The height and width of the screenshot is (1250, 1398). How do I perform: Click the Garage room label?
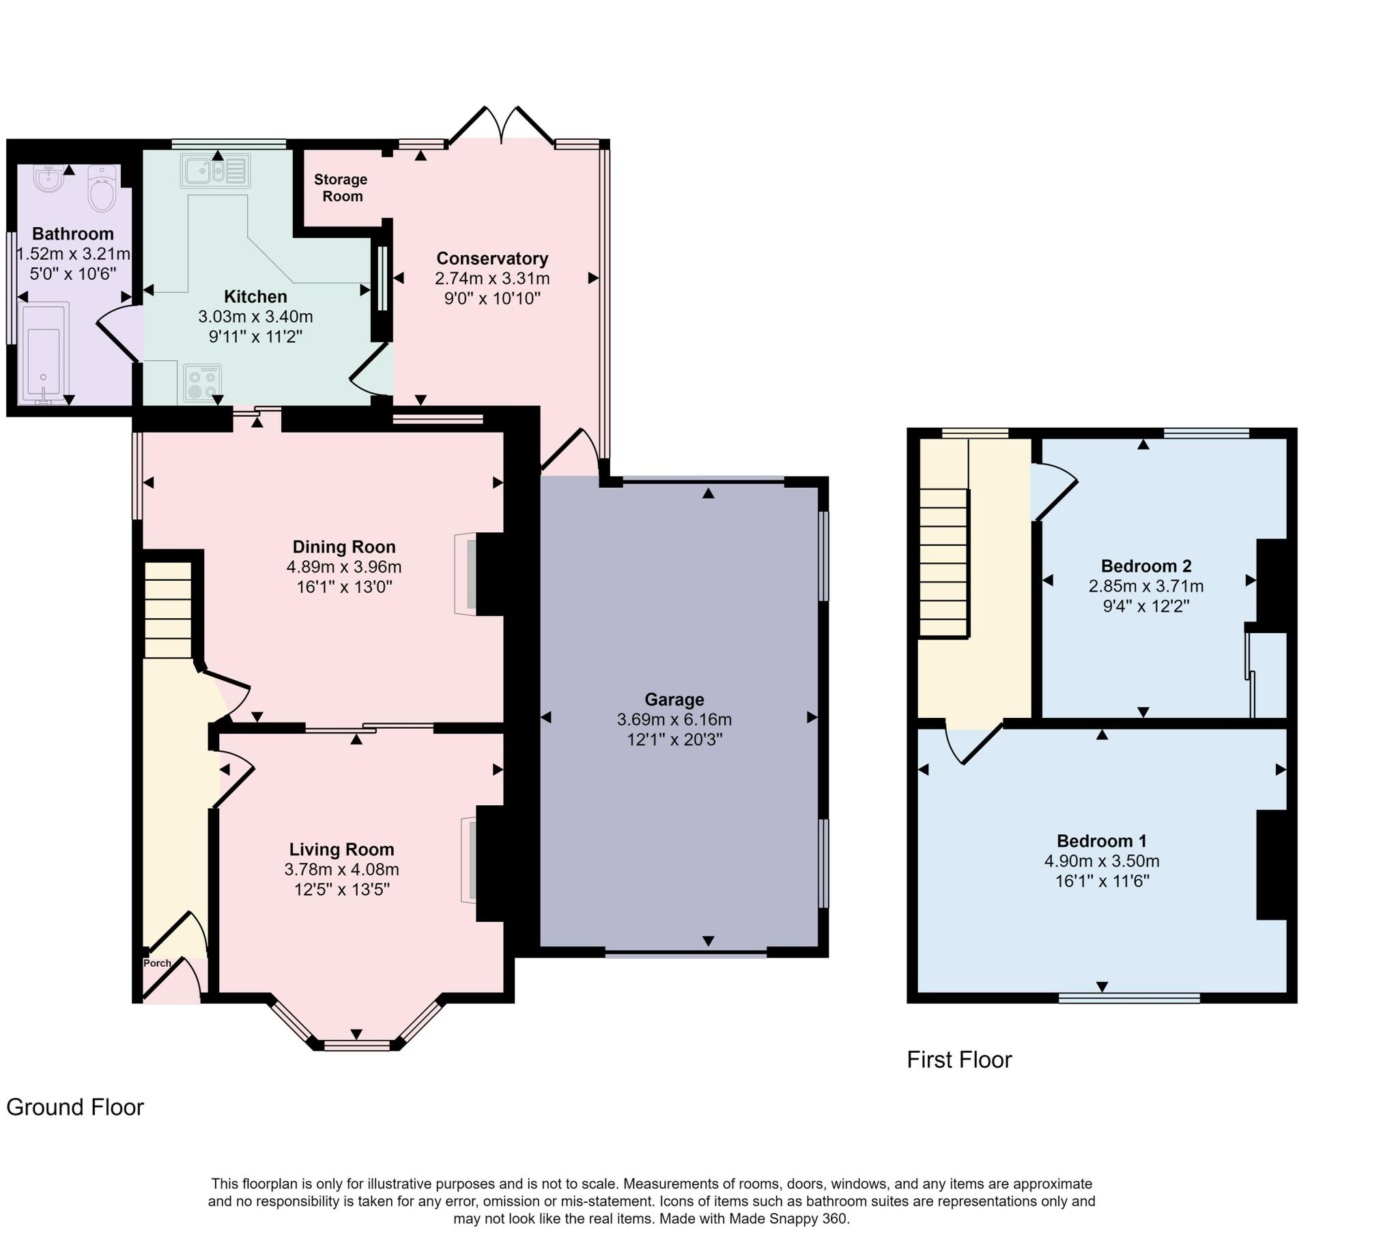tap(674, 700)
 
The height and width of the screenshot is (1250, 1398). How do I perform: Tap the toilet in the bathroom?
tap(102, 189)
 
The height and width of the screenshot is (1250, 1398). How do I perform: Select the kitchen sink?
tap(215, 171)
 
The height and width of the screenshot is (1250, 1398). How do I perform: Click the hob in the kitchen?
tap(203, 383)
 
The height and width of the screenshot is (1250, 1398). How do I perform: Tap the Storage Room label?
tap(341, 188)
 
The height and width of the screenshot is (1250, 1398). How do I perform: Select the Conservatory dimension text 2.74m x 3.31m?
tap(492, 278)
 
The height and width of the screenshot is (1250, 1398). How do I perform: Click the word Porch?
tap(157, 963)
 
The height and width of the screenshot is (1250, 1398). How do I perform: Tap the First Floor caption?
tap(959, 1060)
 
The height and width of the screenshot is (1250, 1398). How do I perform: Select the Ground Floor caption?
tap(75, 1107)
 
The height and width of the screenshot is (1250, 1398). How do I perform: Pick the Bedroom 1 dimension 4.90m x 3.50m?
tap(1102, 861)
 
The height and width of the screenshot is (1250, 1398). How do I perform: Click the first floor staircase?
tap(944, 563)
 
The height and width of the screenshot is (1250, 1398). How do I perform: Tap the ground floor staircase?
tap(168, 610)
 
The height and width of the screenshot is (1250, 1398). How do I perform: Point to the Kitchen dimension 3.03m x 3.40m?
tap(255, 317)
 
